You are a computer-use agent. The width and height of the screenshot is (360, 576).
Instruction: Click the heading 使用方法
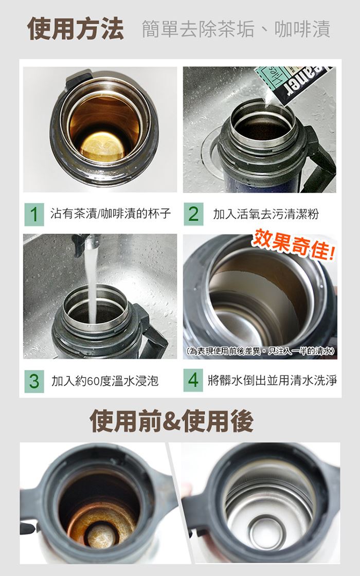point(76,29)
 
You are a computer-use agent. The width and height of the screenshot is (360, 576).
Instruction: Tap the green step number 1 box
point(34,214)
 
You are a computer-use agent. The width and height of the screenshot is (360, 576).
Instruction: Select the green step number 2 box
point(193,214)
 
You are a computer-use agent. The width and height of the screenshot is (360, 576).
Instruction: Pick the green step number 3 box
point(34,381)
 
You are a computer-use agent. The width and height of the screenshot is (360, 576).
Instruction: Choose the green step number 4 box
point(193,380)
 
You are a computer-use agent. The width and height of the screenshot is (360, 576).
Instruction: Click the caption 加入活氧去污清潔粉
point(266,214)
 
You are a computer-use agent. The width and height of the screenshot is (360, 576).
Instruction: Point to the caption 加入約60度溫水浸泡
point(105,381)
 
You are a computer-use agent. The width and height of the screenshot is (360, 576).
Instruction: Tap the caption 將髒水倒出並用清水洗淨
point(272,380)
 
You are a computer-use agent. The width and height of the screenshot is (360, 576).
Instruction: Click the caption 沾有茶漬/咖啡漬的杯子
point(111,213)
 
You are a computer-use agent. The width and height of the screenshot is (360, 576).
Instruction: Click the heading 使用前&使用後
point(172,421)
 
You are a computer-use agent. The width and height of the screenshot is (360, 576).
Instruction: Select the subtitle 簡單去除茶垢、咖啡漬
point(236,29)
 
